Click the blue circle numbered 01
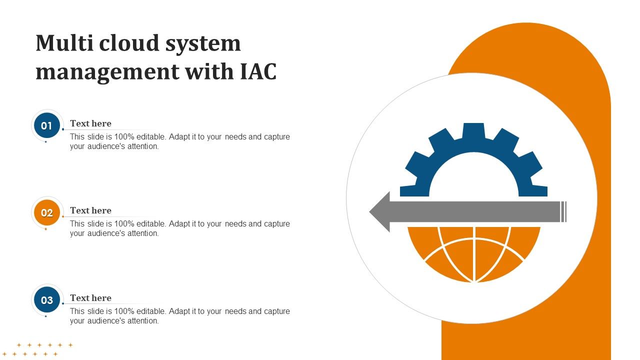click(x=46, y=125)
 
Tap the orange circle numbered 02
click(x=46, y=212)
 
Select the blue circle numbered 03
click(x=46, y=300)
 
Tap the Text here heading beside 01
click(x=90, y=123)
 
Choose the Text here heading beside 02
click(x=90, y=210)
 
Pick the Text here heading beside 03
click(x=90, y=298)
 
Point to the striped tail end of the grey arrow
click(x=563, y=211)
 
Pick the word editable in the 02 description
click(x=152, y=224)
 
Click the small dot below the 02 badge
click(x=45, y=229)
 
